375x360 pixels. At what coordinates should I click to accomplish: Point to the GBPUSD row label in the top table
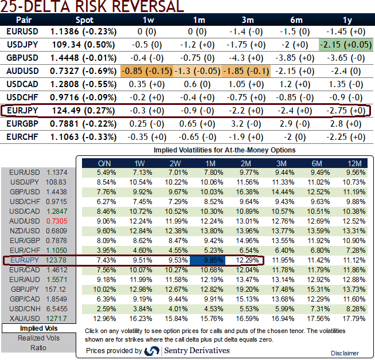23,58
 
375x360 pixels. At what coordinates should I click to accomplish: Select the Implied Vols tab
38,328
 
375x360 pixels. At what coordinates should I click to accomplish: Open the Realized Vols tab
38,338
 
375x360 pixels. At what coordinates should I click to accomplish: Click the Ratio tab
38,347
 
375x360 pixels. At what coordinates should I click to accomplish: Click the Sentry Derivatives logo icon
152,350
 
